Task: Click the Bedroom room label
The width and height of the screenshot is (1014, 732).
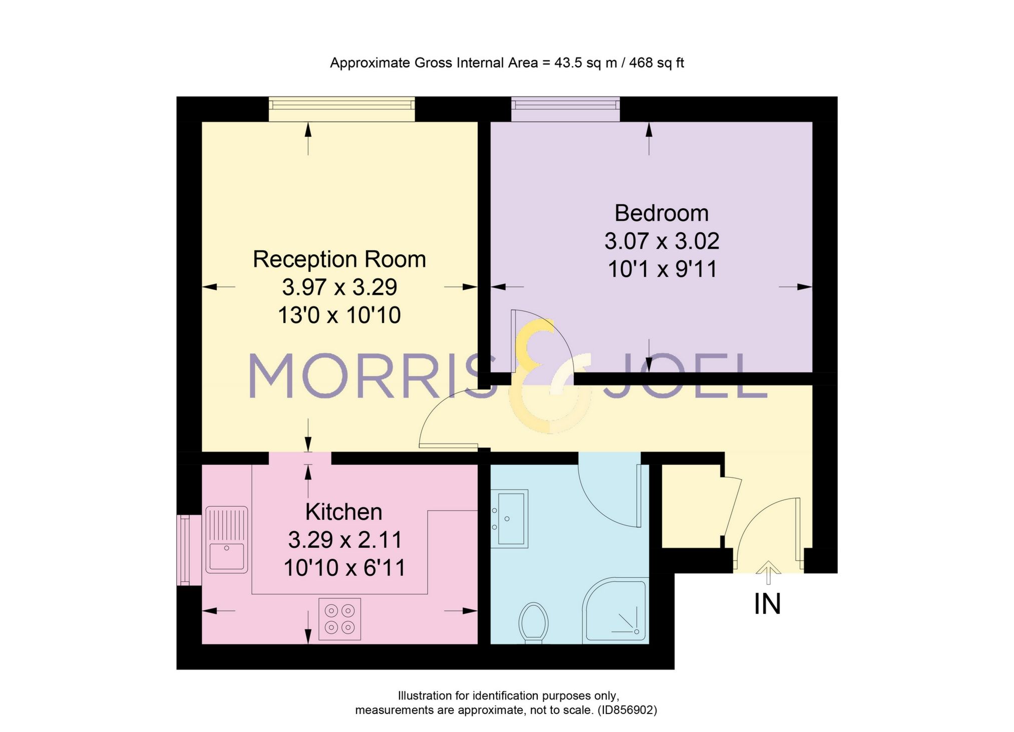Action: [661, 213]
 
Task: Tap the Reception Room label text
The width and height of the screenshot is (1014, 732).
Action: [339, 259]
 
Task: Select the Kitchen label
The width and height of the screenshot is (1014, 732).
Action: [344, 512]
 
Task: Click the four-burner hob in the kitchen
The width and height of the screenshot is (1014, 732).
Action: [340, 619]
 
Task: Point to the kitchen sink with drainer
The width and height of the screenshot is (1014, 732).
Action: [227, 539]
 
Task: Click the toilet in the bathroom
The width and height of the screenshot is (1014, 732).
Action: [533, 622]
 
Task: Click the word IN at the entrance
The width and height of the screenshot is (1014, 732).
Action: [767, 604]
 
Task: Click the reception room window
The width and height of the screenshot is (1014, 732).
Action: [342, 109]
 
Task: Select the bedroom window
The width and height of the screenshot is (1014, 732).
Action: [565, 109]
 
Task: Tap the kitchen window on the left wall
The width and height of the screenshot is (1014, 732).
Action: [184, 550]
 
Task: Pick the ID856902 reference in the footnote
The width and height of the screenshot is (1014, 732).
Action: [627, 709]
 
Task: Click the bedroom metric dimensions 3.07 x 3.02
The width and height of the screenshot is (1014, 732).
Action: [661, 241]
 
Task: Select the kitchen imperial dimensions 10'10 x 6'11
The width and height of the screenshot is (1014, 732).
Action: [344, 568]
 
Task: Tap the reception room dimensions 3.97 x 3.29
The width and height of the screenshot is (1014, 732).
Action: [339, 287]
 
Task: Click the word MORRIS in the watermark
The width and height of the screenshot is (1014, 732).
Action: [371, 376]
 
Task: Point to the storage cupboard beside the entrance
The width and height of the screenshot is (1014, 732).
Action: [691, 506]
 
